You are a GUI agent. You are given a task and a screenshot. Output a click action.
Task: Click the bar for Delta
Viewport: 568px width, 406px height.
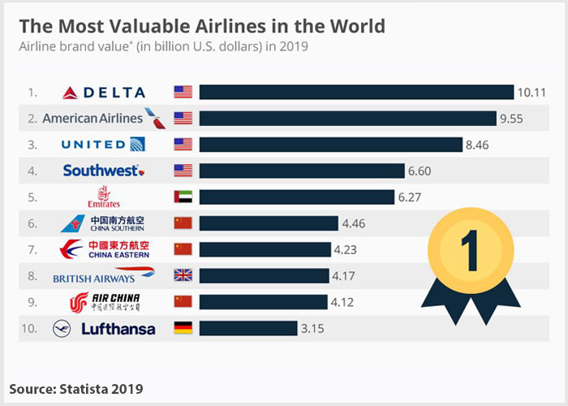click(x=356, y=92)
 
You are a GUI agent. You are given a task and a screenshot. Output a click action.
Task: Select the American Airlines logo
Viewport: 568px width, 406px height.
click(x=103, y=118)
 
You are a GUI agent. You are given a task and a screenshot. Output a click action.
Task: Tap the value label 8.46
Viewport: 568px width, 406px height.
click(x=478, y=145)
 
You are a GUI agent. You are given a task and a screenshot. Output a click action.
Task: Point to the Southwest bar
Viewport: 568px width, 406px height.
click(x=302, y=171)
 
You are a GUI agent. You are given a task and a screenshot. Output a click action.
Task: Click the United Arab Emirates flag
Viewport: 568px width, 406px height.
click(x=183, y=197)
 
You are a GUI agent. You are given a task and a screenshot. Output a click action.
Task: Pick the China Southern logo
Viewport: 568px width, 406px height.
click(x=103, y=223)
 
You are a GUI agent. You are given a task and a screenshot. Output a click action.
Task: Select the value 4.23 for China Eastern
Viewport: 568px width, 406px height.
click(x=346, y=249)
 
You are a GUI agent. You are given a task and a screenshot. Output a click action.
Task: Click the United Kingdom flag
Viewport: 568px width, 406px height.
click(x=183, y=275)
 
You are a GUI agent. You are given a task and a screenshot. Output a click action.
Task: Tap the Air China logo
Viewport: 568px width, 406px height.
click(x=105, y=302)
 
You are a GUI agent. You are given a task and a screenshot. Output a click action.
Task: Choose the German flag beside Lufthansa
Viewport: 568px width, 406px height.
click(x=183, y=328)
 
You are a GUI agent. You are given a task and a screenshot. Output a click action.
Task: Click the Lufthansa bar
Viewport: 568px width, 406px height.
click(x=248, y=328)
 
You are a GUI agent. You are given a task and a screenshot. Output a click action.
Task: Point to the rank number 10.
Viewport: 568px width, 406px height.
click(x=31, y=328)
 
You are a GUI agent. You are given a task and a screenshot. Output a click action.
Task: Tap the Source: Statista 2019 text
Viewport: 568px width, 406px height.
click(x=77, y=387)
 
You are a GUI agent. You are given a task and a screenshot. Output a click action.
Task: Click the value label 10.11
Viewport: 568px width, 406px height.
click(x=531, y=92)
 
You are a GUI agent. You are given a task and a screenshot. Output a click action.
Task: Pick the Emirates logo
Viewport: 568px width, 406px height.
click(x=103, y=197)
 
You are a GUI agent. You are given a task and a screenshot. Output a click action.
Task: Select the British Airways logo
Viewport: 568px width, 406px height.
click(x=103, y=276)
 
